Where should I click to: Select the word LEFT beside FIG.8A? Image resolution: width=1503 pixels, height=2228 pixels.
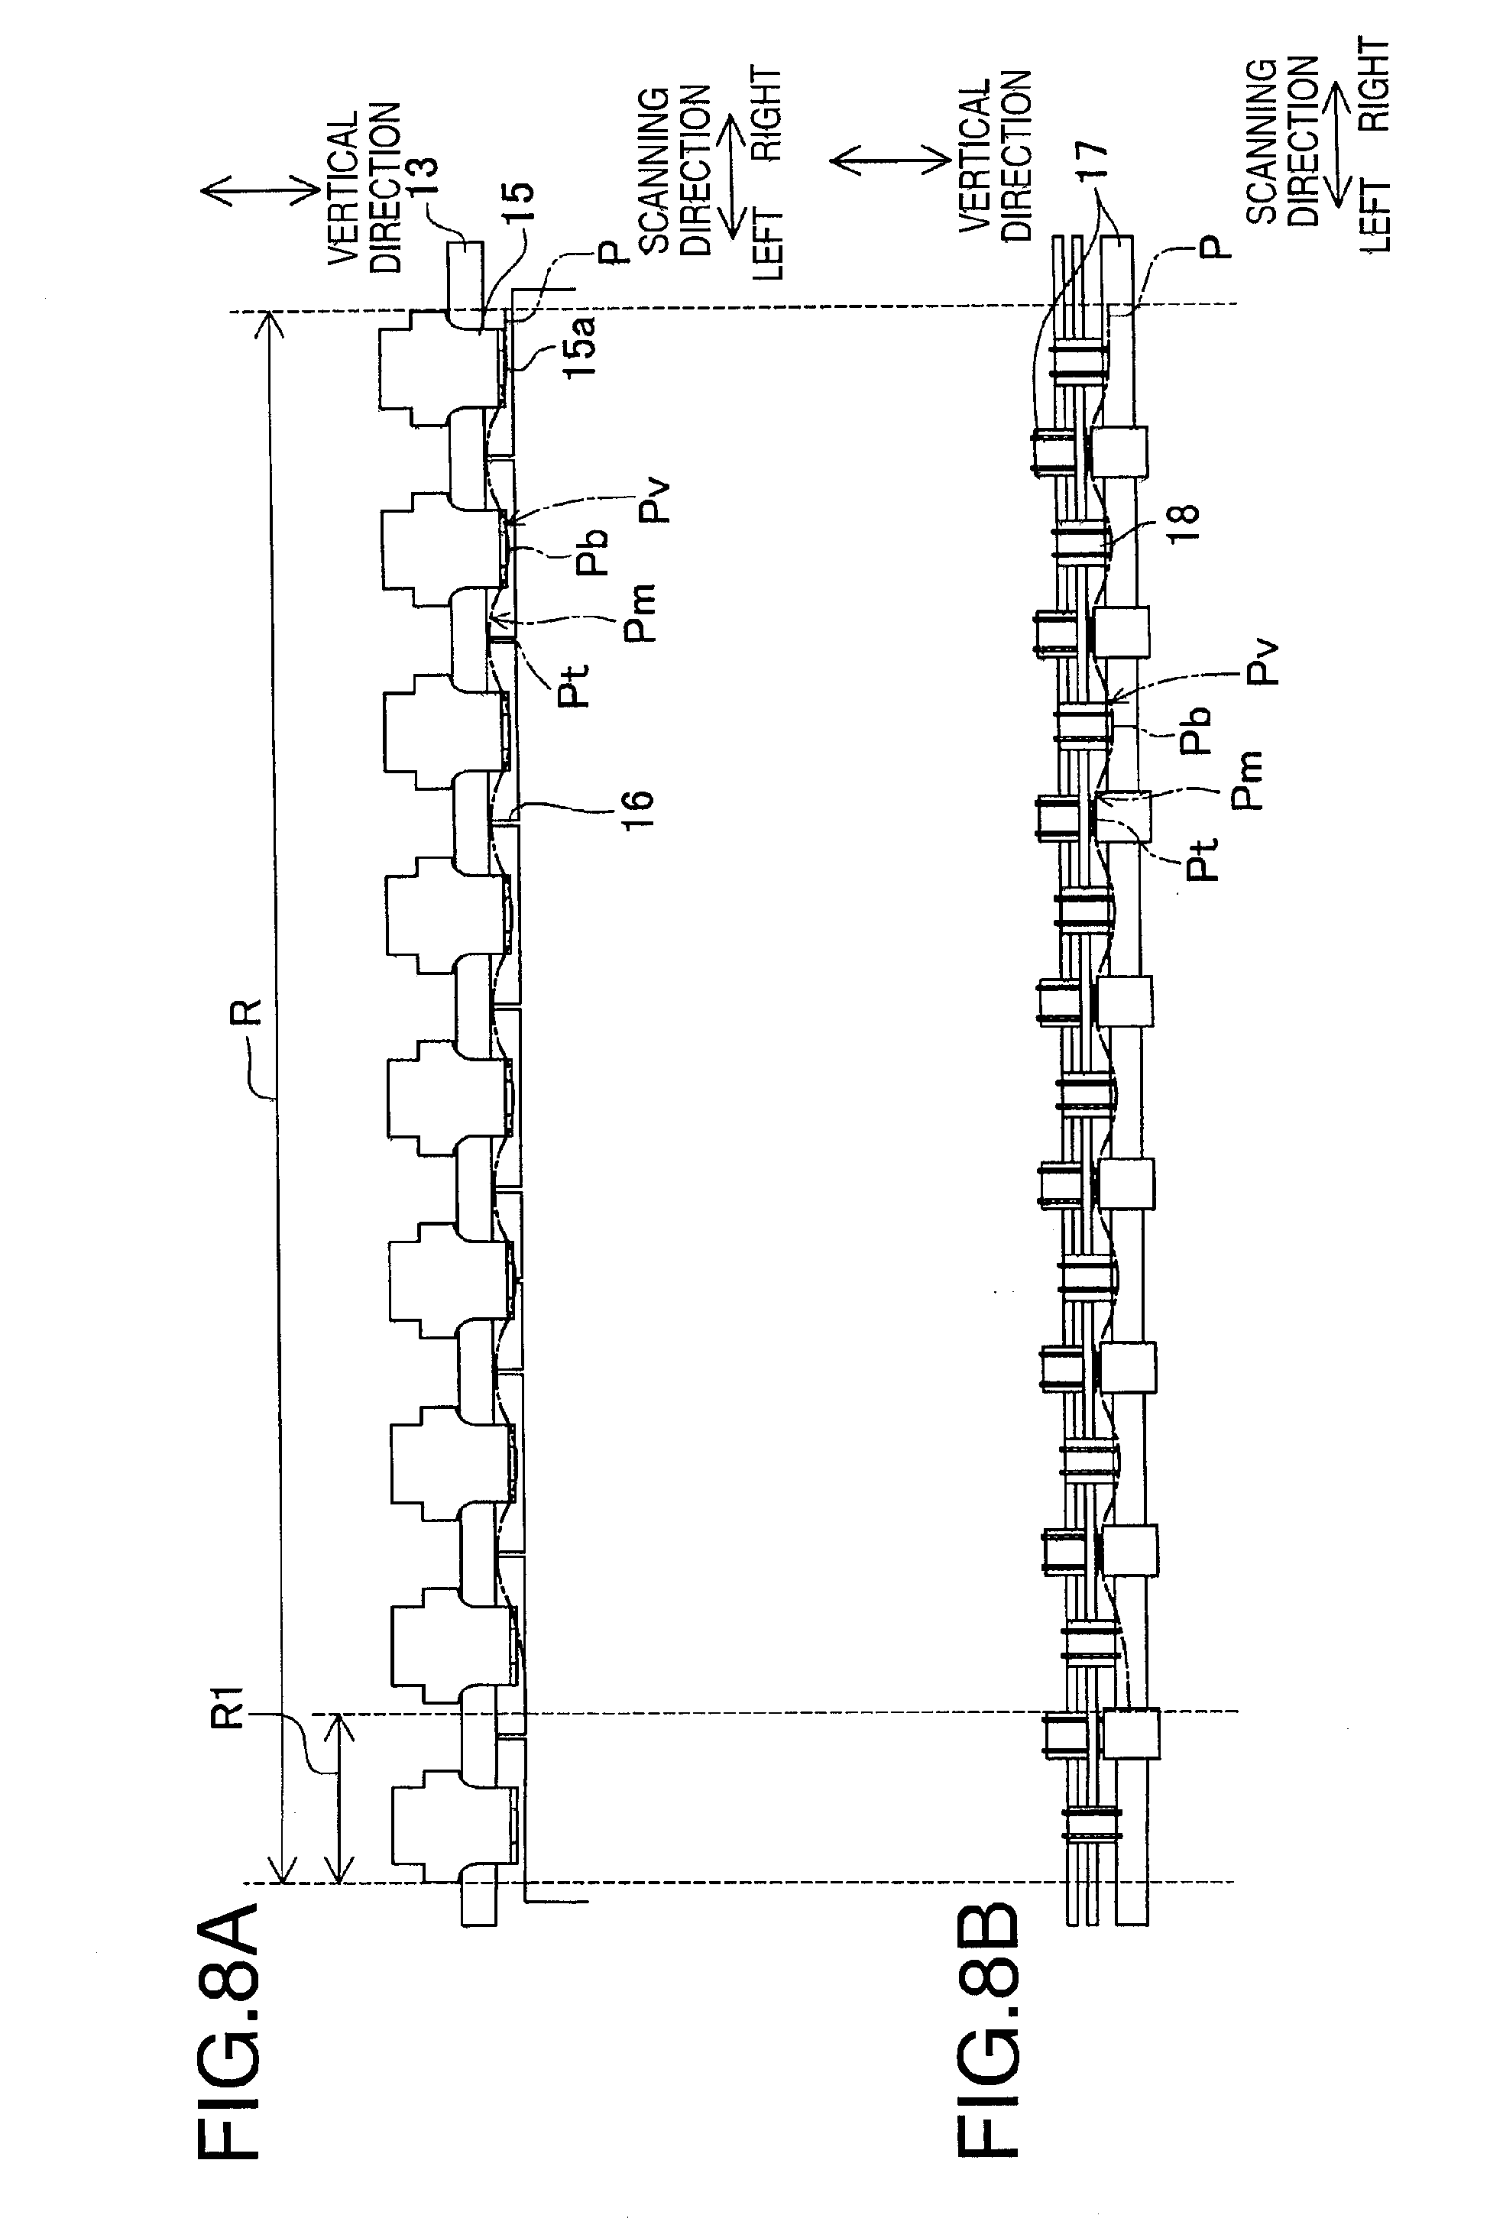coord(768,241)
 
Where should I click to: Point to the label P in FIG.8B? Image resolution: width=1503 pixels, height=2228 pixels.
coord(1213,249)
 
